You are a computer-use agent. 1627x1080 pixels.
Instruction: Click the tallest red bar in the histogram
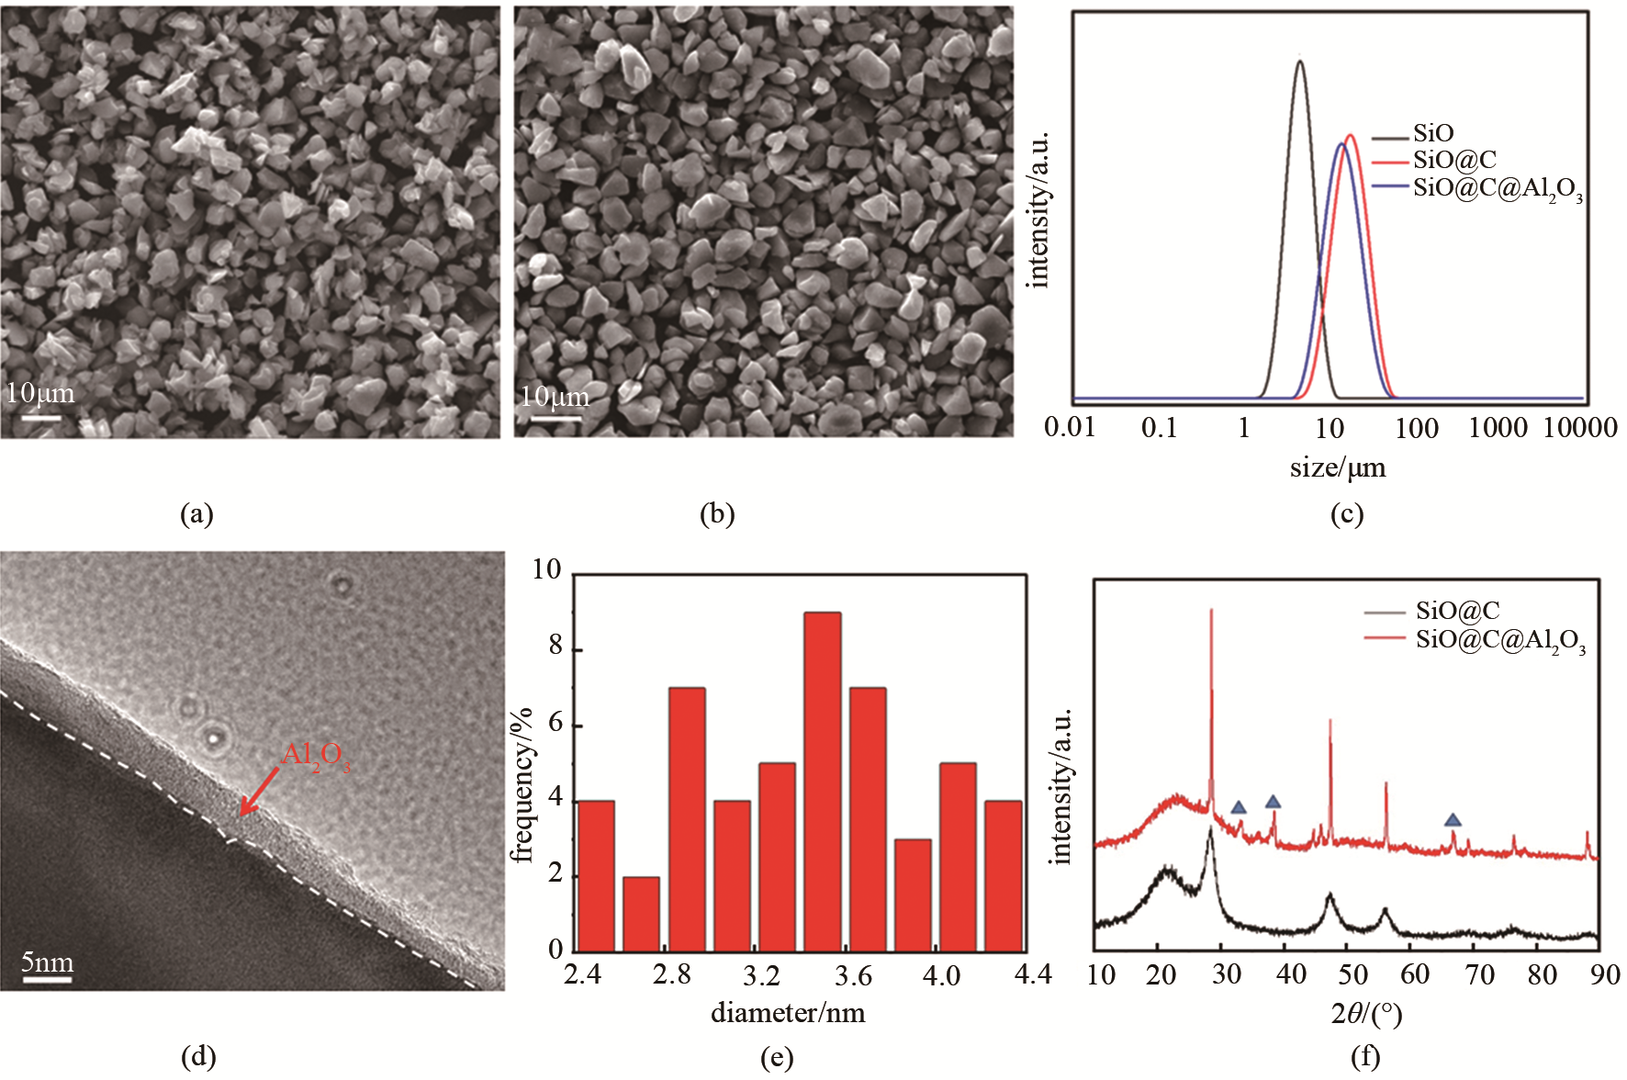tap(822, 781)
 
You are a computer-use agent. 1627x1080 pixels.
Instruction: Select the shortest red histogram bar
tap(641, 914)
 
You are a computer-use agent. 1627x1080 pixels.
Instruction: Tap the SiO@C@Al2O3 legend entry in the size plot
tap(1498, 188)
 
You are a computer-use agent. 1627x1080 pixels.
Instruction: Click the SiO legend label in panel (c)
tap(1433, 134)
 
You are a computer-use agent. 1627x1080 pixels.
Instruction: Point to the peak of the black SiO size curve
tap(1299, 62)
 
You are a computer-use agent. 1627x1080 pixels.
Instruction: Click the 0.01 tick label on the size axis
tap(1070, 427)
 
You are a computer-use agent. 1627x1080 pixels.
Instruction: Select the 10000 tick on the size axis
tap(1579, 427)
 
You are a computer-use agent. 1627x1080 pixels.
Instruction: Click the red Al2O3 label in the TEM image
tap(315, 756)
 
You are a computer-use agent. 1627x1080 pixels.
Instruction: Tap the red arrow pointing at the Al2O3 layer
tap(259, 791)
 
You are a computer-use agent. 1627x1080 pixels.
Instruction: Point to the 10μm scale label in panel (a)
tap(39, 393)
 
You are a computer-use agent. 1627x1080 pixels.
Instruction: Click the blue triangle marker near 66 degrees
tap(1452, 820)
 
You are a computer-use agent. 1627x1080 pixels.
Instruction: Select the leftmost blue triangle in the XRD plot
tap(1239, 807)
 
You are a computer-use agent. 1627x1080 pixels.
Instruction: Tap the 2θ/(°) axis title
tap(1365, 1013)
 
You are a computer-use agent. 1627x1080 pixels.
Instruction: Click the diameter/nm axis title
tap(788, 1012)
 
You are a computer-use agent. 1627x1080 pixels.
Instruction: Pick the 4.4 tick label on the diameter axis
tap(1032, 974)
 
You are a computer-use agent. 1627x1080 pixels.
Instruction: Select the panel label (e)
tap(777, 1058)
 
